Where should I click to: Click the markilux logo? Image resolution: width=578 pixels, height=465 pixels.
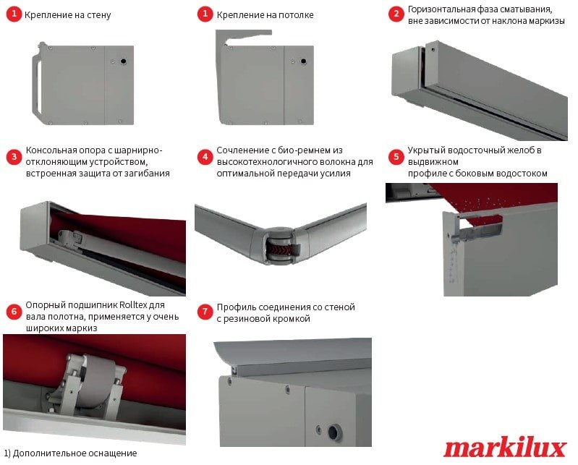505,448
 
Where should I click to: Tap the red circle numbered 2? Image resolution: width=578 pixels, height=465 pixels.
396,14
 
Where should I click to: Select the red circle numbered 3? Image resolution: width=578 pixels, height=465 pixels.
14,157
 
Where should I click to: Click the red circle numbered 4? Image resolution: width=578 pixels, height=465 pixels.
205,157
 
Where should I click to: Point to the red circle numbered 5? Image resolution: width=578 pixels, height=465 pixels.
396,157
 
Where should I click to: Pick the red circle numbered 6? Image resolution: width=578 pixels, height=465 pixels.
14,312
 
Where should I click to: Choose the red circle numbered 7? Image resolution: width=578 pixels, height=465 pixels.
205,312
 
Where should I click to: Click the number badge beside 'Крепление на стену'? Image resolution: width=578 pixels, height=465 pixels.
14,14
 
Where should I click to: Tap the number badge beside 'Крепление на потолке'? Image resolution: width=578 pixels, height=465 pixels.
205,14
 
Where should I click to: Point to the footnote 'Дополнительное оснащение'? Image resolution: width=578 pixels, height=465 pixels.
75,453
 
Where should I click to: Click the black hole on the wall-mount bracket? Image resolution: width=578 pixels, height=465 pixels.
123,61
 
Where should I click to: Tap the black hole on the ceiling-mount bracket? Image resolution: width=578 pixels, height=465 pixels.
303,61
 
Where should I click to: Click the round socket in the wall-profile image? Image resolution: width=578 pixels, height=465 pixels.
334,432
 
